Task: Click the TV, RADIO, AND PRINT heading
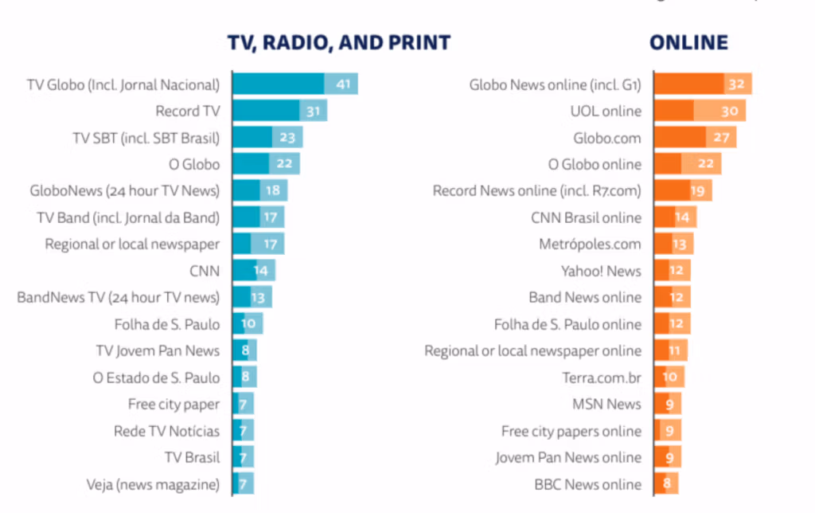tap(339, 43)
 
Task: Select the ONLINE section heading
tap(688, 43)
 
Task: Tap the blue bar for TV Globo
tap(294, 84)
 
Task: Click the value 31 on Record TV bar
tap(313, 111)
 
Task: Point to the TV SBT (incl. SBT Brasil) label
tap(146, 137)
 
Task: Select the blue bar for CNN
tap(253, 271)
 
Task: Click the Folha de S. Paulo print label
tap(166, 324)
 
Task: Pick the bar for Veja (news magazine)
tap(243, 484)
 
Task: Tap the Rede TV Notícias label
tap(166, 431)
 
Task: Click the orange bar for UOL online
tap(698, 111)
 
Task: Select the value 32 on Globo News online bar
tap(735, 84)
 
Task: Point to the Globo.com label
tap(607, 137)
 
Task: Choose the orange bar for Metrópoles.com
tap(673, 244)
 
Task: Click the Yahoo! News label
tap(601, 271)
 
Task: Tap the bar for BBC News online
tap(665, 484)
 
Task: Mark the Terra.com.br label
tap(596, 378)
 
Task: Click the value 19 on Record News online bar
tap(697, 190)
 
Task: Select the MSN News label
tap(606, 404)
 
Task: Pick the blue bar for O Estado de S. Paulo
tap(244, 378)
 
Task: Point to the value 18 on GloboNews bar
tap(273, 190)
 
